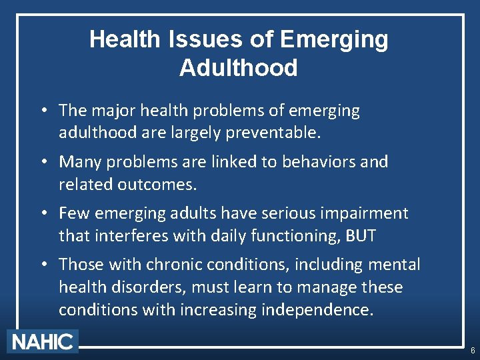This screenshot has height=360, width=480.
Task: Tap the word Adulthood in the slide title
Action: coord(239,68)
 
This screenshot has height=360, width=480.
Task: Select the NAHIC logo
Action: coord(43,342)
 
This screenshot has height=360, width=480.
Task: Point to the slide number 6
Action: coord(473,351)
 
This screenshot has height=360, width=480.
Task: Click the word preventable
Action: coord(273,133)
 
